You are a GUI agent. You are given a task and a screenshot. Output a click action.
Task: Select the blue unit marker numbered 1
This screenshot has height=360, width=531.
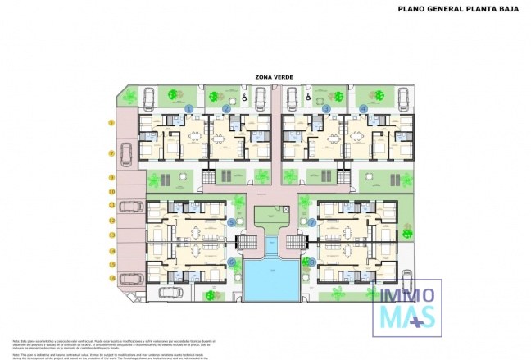[x=189, y=108]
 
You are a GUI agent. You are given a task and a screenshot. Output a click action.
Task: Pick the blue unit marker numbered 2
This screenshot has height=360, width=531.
[x=226, y=108]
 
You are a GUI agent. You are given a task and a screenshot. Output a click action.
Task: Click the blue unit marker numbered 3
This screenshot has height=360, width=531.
[x=326, y=108]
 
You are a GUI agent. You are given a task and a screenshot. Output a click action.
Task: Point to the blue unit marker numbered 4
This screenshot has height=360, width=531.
[x=363, y=108]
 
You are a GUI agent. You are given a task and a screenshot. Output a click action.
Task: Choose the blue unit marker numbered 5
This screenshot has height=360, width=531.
[x=231, y=222]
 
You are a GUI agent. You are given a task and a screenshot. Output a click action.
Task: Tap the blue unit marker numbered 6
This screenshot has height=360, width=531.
[x=231, y=262]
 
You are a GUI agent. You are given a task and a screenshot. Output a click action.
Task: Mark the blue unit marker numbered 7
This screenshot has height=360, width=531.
[x=312, y=222]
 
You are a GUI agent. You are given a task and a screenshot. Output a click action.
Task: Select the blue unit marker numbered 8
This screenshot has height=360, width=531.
[x=312, y=262]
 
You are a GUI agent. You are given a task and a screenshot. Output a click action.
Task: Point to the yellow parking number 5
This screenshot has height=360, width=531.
[x=111, y=123]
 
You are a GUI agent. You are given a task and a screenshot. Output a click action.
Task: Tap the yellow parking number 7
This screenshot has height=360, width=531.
[x=111, y=153]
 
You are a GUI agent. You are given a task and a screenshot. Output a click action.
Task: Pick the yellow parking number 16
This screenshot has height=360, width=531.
[x=111, y=280]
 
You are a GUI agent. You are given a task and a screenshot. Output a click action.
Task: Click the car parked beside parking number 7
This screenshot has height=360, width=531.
[x=127, y=153]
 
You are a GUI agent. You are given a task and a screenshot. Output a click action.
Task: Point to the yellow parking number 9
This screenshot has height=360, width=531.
[x=111, y=177]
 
